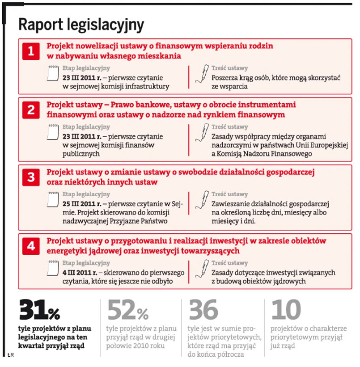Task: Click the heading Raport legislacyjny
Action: coord(81,25)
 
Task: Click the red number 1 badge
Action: coord(31,51)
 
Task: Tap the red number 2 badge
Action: coord(31,110)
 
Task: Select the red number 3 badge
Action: coord(31,177)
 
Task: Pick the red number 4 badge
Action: coord(31,246)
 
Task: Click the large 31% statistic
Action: coord(39,310)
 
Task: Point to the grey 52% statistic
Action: coord(128,310)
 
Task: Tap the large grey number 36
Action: coord(203,310)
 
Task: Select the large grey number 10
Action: coord(286,310)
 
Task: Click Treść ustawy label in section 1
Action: coord(229,68)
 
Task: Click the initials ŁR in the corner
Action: coord(11,355)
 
